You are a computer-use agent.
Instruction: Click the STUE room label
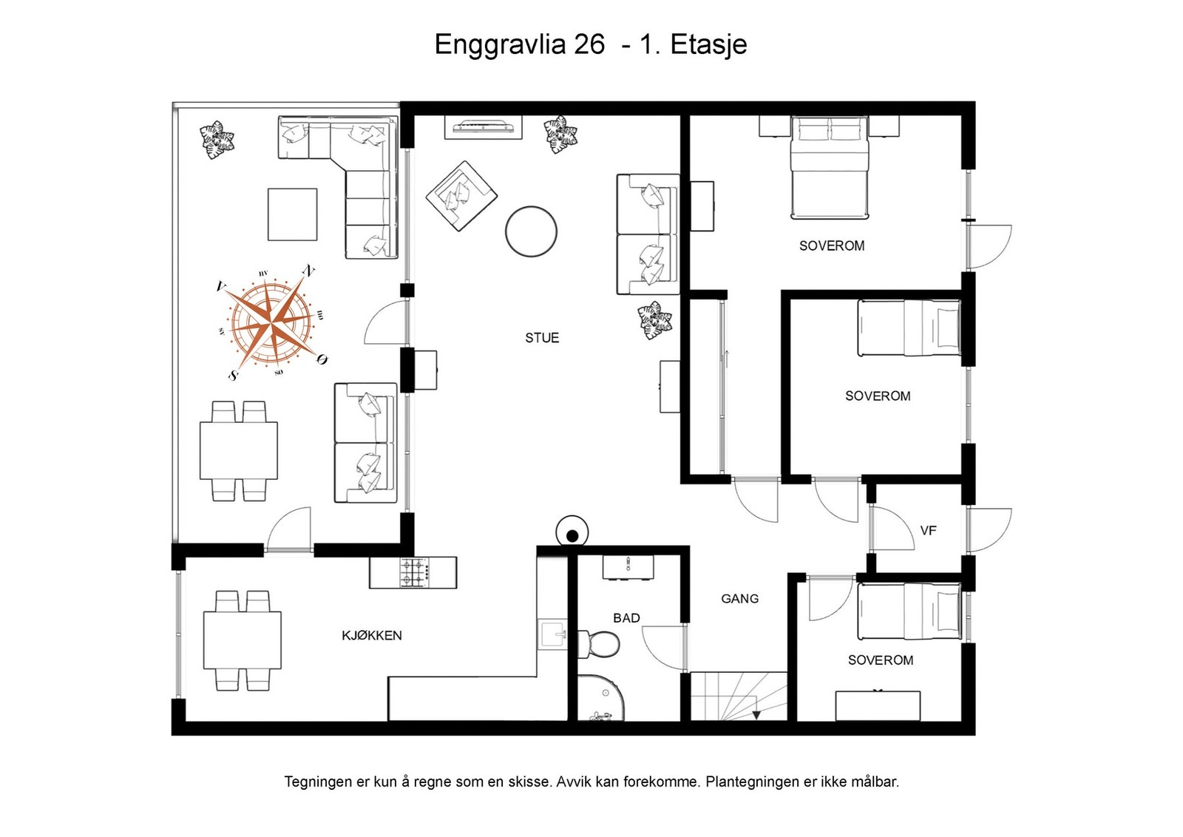(542, 338)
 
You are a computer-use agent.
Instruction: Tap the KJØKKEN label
(372, 636)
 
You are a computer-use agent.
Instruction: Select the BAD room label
(626, 618)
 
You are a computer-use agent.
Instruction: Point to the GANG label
(740, 599)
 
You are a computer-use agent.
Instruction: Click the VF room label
(929, 531)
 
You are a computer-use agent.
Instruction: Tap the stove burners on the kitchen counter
(415, 572)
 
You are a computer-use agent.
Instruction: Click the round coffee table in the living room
(531, 231)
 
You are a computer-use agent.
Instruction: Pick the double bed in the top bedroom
(829, 167)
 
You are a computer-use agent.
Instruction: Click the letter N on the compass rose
(308, 271)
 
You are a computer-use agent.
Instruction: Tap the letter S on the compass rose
(233, 376)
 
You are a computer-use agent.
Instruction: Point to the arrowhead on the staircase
(756, 715)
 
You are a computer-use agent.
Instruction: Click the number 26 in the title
(589, 44)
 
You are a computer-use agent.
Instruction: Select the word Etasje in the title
(709, 45)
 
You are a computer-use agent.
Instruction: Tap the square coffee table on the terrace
(293, 214)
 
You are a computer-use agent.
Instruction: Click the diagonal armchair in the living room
(461, 196)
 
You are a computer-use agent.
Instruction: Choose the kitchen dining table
(243, 640)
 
